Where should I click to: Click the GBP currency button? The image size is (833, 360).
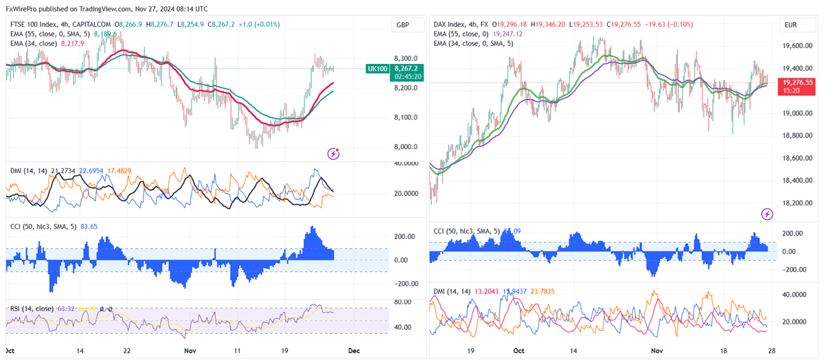[x=402, y=25]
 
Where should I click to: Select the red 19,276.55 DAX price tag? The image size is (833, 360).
[x=797, y=82]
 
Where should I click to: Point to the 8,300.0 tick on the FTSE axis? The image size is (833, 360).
[x=405, y=59]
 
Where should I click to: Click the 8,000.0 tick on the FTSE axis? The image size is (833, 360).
[x=405, y=146]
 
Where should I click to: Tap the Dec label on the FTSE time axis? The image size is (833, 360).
[x=354, y=350]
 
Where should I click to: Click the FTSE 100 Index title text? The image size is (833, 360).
[x=32, y=25]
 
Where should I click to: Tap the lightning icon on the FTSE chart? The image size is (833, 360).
[x=334, y=153]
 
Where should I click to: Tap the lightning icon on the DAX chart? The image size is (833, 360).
[x=767, y=214]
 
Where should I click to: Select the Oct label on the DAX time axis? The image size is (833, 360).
[x=518, y=350]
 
